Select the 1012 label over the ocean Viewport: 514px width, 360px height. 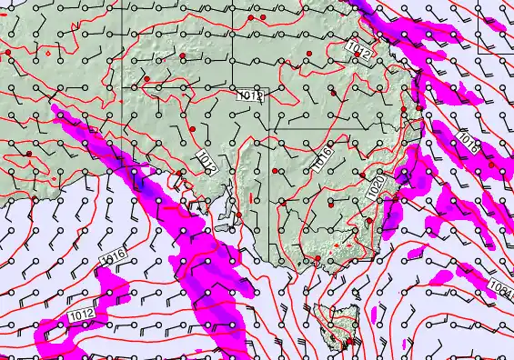[x=80, y=315]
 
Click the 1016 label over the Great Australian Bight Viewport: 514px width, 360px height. [x=113, y=256]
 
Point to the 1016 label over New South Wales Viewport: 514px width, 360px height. [x=323, y=158]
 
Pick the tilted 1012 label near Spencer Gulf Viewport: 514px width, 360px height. [x=207, y=163]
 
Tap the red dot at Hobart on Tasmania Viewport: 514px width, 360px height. [x=347, y=341]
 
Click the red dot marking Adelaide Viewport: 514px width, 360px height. [x=238, y=215]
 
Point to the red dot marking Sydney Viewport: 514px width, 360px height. [x=395, y=198]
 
